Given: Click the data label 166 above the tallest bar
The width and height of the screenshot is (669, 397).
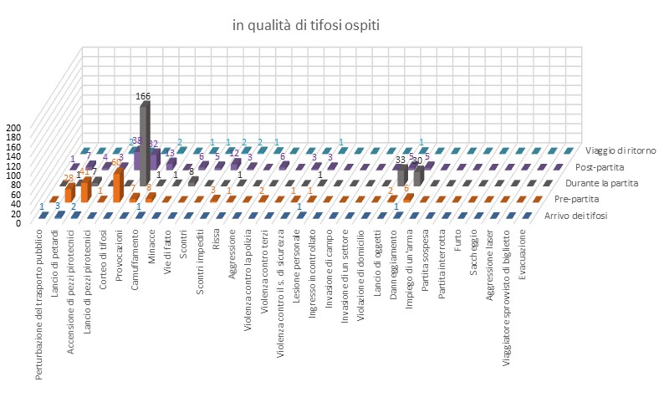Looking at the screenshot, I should click(143, 97).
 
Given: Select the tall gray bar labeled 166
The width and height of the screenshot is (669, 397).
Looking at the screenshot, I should click(145, 142).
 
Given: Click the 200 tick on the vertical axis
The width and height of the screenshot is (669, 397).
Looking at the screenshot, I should click(13, 128).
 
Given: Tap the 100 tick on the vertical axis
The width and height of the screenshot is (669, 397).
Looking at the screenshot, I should click(13, 176).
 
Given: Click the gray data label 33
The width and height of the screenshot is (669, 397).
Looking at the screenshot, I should click(400, 160).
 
